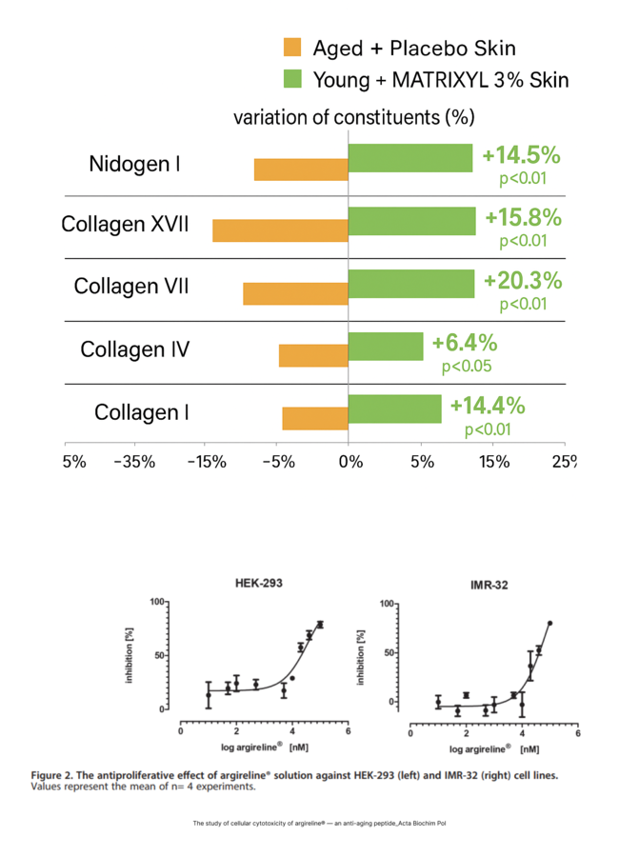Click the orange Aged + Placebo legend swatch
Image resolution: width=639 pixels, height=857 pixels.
(291, 48)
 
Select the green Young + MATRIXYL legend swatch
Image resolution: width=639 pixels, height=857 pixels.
(291, 79)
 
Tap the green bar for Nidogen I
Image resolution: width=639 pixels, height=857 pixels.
(410, 158)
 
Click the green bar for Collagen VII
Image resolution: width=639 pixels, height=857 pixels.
(411, 284)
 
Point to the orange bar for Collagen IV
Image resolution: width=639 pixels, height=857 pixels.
(313, 355)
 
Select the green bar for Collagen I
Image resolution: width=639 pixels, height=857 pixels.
(395, 409)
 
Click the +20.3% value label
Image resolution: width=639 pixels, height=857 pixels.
(523, 282)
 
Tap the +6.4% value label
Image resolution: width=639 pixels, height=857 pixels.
(465, 343)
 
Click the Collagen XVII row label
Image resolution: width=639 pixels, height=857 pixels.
(125, 225)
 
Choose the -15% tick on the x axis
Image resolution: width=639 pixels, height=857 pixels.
(206, 462)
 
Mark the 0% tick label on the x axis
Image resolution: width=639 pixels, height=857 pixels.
(350, 462)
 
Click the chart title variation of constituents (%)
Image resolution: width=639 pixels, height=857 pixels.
(353, 118)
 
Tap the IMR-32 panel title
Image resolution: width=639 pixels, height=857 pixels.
(488, 584)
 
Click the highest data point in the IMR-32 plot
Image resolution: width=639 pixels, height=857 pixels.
(549, 623)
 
